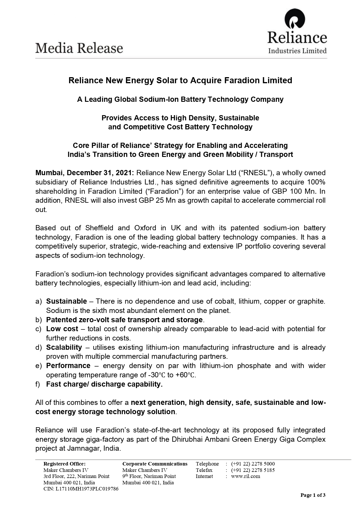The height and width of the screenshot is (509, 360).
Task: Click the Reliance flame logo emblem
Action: tap(295, 19)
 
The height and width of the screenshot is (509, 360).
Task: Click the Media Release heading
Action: tap(79, 48)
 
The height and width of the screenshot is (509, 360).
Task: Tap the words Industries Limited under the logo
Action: tap(297, 51)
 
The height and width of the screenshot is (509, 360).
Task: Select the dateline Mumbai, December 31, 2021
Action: tap(84, 173)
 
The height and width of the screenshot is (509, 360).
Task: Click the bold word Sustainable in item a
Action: tap(66, 301)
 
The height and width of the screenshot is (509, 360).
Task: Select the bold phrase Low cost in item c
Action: tap(62, 329)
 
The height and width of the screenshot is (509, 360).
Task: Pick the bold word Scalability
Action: tap(64, 347)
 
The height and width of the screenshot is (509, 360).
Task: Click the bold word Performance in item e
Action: tap(68, 366)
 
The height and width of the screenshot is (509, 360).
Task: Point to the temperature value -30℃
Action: tap(157, 375)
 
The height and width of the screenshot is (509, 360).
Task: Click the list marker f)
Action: tap(38, 384)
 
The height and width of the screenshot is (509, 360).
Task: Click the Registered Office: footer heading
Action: tap(64, 464)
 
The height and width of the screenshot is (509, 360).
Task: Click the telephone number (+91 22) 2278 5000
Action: tap(253, 464)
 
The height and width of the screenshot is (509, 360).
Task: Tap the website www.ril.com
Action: tap(245, 476)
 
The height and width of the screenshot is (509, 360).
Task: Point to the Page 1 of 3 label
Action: tap(313, 495)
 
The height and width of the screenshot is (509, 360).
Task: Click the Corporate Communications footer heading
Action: tap(155, 464)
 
